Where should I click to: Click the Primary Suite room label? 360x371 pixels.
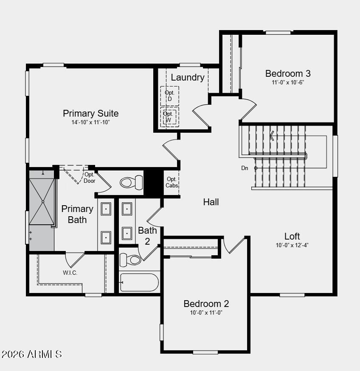(x=91, y=114)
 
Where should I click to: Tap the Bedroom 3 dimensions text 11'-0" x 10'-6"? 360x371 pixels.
(x=288, y=82)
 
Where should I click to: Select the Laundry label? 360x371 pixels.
(x=188, y=78)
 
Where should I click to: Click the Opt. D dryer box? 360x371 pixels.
(x=169, y=96)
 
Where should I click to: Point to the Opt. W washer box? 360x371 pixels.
(x=169, y=116)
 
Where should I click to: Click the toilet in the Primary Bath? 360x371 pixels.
(x=132, y=182)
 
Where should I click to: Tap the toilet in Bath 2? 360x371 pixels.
(x=130, y=259)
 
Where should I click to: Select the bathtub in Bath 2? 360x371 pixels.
(x=139, y=282)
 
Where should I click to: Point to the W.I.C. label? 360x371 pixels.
(x=70, y=273)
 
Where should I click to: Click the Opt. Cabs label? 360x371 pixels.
(x=172, y=182)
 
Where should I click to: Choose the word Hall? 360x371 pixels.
(x=211, y=202)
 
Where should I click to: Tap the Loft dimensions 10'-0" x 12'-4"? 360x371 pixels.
(x=292, y=245)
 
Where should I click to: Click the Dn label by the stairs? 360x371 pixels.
(x=245, y=168)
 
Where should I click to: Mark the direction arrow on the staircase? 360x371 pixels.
(x=272, y=135)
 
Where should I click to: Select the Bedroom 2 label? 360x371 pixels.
(x=206, y=304)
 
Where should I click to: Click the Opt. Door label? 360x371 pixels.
(x=90, y=178)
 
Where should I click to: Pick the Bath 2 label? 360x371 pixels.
(x=147, y=236)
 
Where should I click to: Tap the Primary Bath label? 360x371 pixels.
(x=77, y=214)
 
